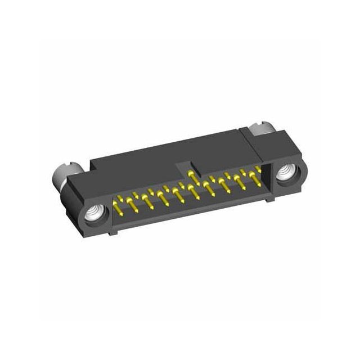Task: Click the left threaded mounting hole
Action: (92, 214)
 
